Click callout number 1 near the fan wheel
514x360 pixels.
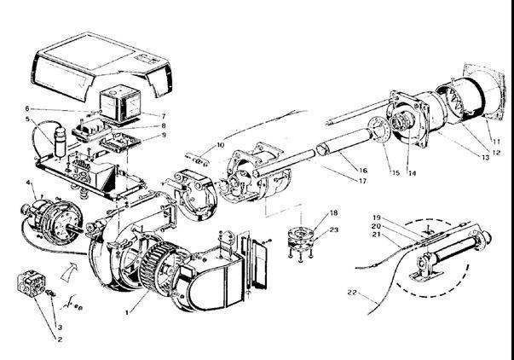click(x=127, y=314)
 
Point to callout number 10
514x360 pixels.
click(x=221, y=146)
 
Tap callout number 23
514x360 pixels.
click(x=333, y=230)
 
